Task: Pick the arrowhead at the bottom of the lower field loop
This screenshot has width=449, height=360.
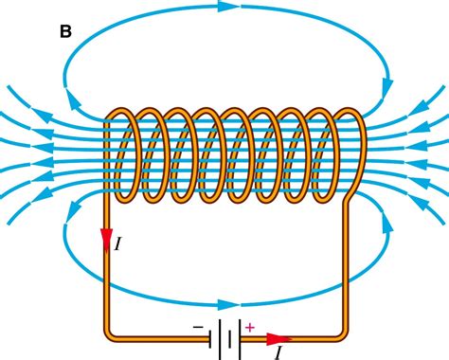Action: (x=225, y=305)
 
